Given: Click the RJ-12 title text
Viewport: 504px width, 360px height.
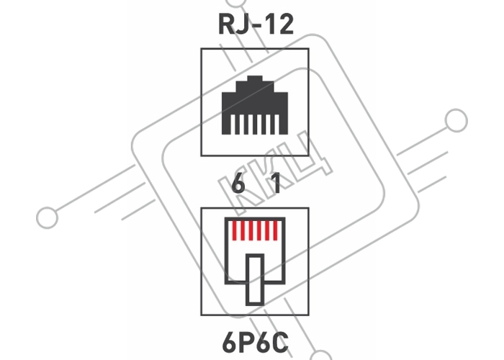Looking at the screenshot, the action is pyautogui.click(x=256, y=24).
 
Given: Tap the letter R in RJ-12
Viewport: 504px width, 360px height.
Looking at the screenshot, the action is pyautogui.click(x=226, y=24).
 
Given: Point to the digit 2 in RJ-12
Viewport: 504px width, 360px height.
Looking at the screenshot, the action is pyautogui.click(x=285, y=24).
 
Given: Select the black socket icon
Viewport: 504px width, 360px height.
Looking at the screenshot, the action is pyautogui.click(x=255, y=105).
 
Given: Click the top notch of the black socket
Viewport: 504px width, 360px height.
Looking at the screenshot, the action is pyautogui.click(x=255, y=78).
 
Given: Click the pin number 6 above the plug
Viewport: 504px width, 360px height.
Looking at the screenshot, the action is pyautogui.click(x=238, y=183).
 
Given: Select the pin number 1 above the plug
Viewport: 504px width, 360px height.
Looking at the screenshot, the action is pyautogui.click(x=276, y=183).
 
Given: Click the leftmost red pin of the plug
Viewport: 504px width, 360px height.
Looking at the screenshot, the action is pyautogui.click(x=234, y=231).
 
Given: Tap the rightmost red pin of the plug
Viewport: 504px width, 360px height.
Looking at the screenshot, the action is pyautogui.click(x=276, y=231).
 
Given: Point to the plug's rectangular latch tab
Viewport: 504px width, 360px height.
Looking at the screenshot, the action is pyautogui.click(x=255, y=279).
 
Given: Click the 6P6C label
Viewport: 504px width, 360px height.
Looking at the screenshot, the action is pyautogui.click(x=255, y=343).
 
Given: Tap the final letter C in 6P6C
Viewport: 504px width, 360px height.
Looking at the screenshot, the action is pyautogui.click(x=280, y=343).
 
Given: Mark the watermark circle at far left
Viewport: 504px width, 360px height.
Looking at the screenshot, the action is pyautogui.click(x=48, y=217).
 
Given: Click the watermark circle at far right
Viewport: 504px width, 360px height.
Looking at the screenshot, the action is pyautogui.click(x=456, y=120).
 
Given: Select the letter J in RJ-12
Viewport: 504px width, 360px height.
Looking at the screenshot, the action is pyautogui.click(x=243, y=24).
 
